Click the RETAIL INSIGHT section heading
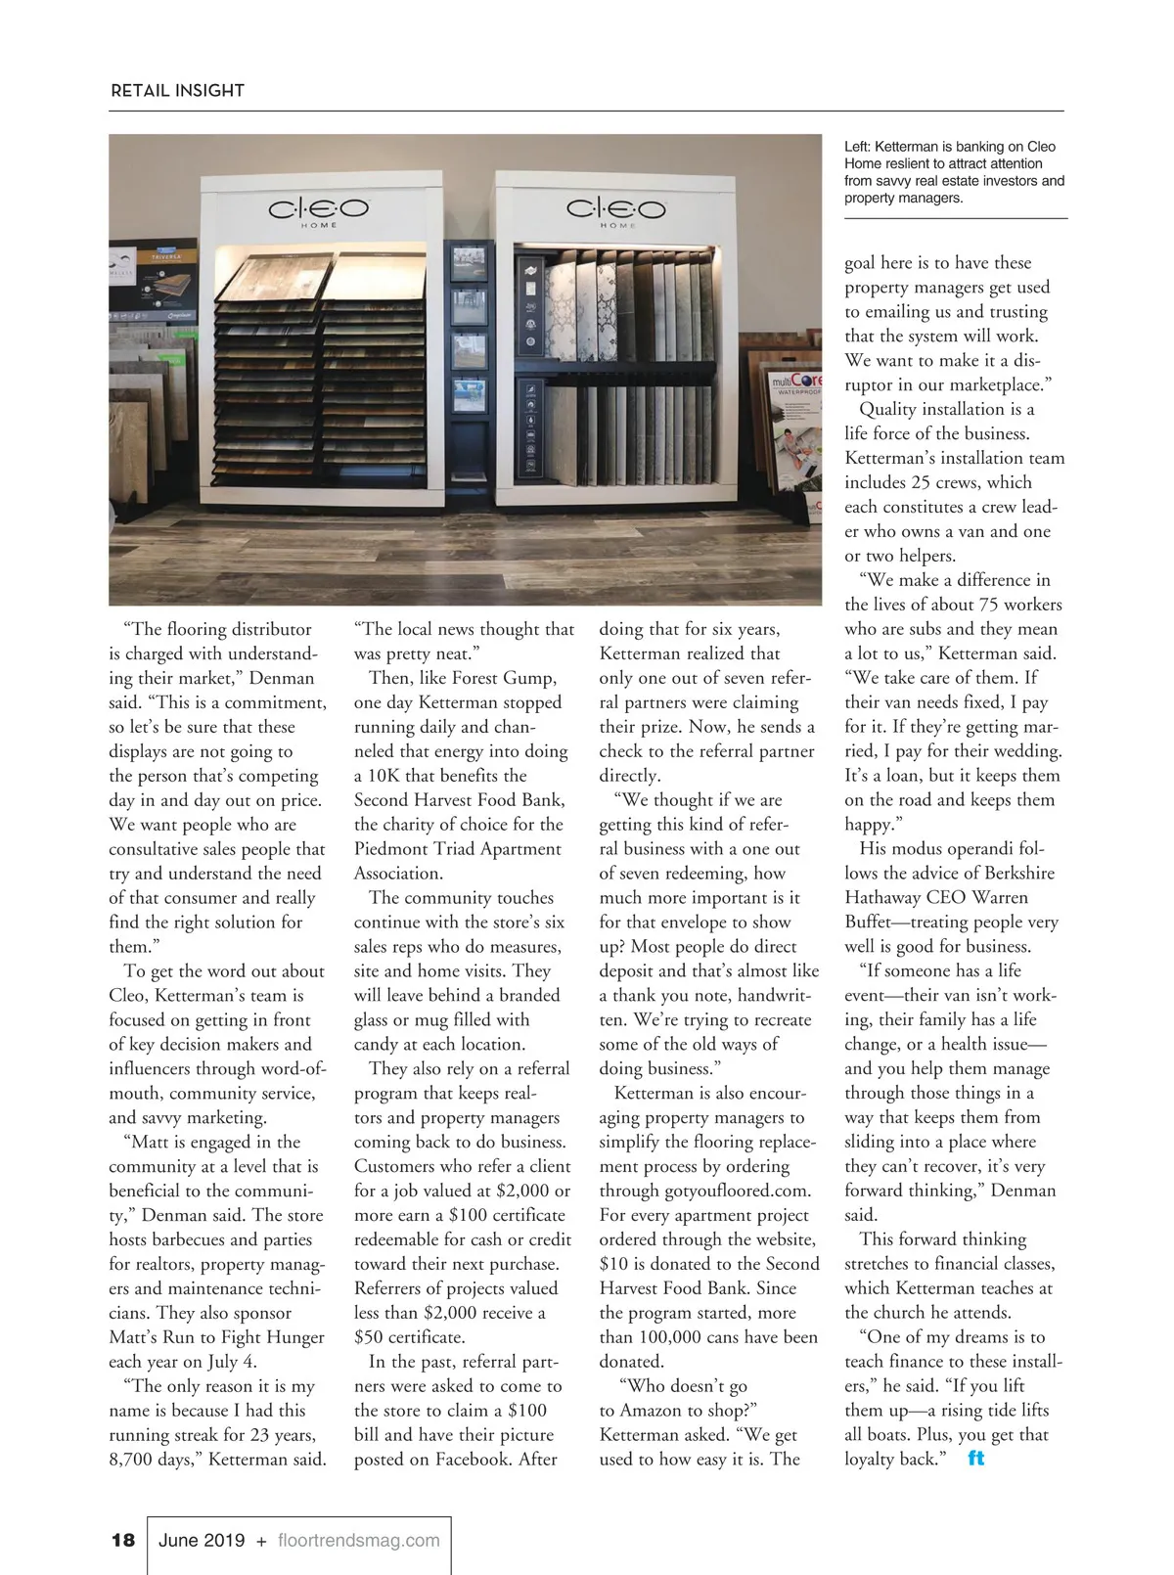[177, 91]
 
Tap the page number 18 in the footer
[123, 1540]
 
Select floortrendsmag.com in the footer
[358, 1540]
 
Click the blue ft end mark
[975, 1459]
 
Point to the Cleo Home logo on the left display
[318, 210]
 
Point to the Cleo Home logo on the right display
[616, 210]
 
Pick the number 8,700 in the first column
[132, 1460]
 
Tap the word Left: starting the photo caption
[858, 147]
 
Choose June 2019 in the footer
[202, 1540]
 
